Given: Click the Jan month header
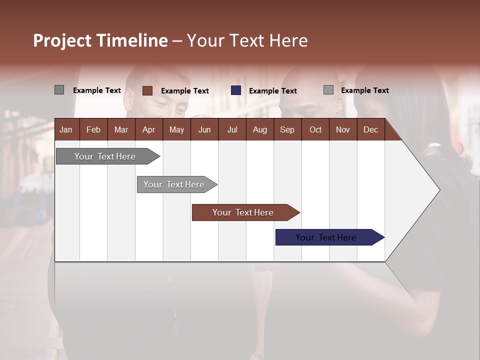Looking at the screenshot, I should pyautogui.click(x=66, y=129).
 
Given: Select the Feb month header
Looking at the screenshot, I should pyautogui.click(x=93, y=129).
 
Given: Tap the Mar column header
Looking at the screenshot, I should pyautogui.click(x=121, y=129).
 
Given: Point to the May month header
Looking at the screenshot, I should pyautogui.click(x=176, y=129).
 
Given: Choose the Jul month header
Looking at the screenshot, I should pyautogui.click(x=232, y=129).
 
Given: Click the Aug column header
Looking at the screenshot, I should pyautogui.click(x=259, y=129).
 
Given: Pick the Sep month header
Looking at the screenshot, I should pyautogui.click(x=287, y=129).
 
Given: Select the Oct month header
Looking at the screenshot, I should pyautogui.click(x=315, y=129).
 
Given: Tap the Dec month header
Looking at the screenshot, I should pyautogui.click(x=370, y=129).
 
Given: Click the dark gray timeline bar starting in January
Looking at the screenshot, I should pyautogui.click(x=105, y=156).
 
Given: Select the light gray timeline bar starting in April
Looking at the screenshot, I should pyautogui.click(x=174, y=184).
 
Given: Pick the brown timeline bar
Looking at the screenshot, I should pyautogui.click(x=243, y=212).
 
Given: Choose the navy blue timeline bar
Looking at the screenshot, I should pyautogui.click(x=326, y=237).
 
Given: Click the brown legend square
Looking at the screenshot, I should pyautogui.click(x=147, y=90).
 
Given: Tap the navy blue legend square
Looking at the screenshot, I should pyautogui.click(x=236, y=90).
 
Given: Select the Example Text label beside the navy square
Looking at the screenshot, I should pyautogui.click(x=273, y=91).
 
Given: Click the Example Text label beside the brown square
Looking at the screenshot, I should pyautogui.click(x=185, y=91).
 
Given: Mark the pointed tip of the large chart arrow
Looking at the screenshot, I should pyautogui.click(x=439, y=190).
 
